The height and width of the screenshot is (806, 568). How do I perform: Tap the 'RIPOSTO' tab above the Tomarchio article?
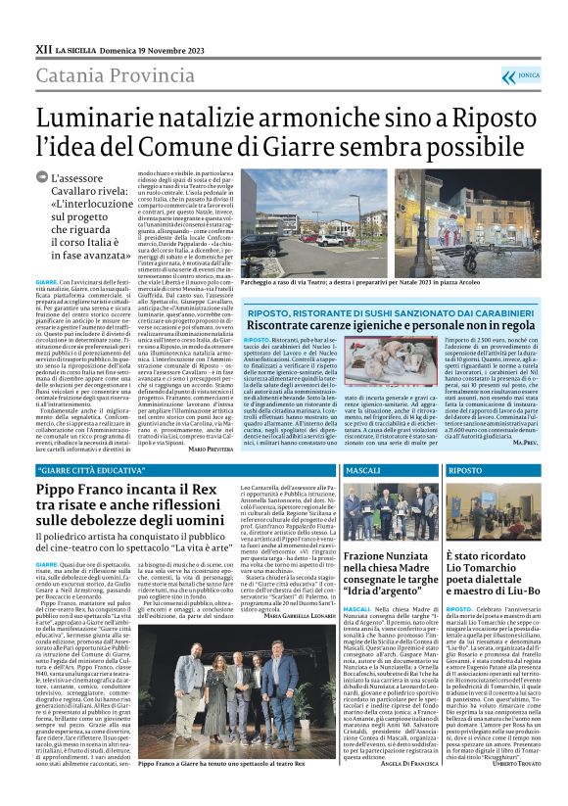[x=464, y=472]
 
